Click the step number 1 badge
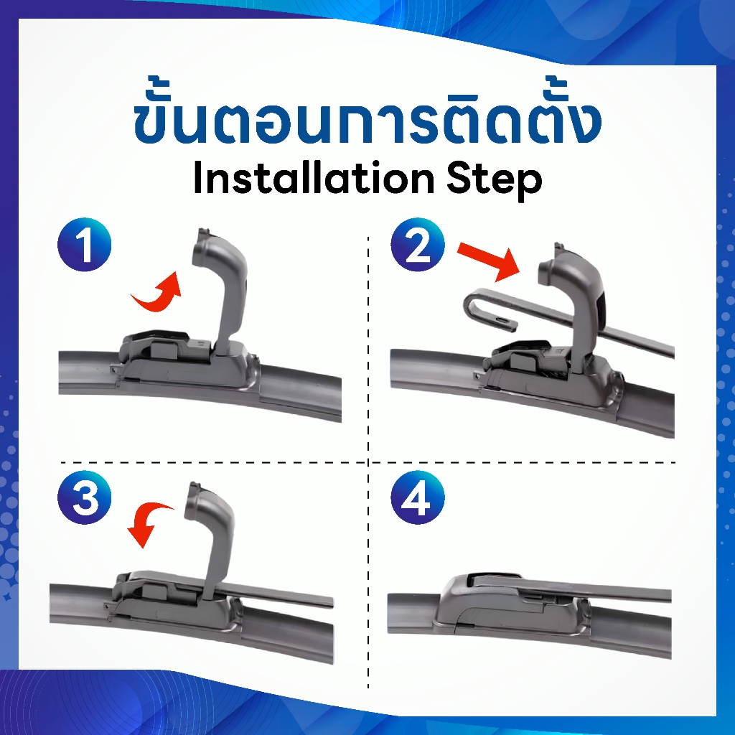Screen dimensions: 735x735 click(85, 245)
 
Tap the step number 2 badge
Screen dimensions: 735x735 click(418, 245)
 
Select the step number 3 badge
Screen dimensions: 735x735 click(85, 497)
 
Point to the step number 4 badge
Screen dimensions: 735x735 click(418, 497)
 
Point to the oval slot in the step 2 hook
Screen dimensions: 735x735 click(502, 320)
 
